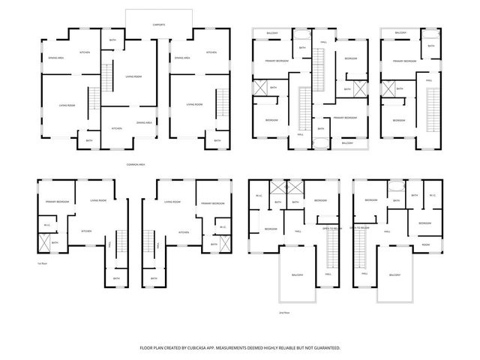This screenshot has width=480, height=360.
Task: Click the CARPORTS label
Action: [159, 25]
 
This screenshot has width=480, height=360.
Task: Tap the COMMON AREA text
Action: [136, 164]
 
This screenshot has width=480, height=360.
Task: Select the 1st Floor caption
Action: [42, 264]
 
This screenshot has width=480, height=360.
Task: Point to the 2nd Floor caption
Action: [284, 310]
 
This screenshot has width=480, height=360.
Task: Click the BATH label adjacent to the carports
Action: [113, 40]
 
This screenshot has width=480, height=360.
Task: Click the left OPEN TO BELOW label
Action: [331, 228]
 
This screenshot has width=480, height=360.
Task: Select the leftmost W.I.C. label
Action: [46, 225]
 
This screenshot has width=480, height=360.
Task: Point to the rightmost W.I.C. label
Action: [433, 196]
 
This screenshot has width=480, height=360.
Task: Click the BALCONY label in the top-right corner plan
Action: [401, 32]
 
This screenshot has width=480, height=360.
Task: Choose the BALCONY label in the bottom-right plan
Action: [394, 275]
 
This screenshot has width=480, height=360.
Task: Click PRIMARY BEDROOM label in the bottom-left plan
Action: [57, 202]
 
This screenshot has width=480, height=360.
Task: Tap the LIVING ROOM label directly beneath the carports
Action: [133, 76]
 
